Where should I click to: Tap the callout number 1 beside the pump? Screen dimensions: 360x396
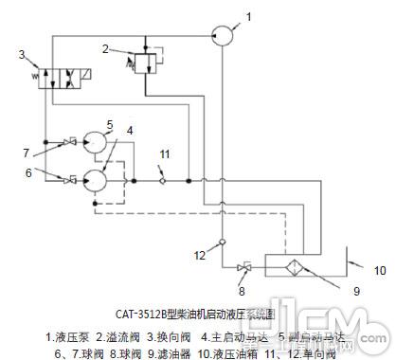tap(249, 15)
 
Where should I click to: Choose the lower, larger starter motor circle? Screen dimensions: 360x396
tap(97, 178)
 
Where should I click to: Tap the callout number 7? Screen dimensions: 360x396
tap(27, 151)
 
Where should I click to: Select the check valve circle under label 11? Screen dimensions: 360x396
tap(163, 177)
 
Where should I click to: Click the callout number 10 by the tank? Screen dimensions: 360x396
tap(378, 269)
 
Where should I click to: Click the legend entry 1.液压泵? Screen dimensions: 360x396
tap(67, 335)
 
